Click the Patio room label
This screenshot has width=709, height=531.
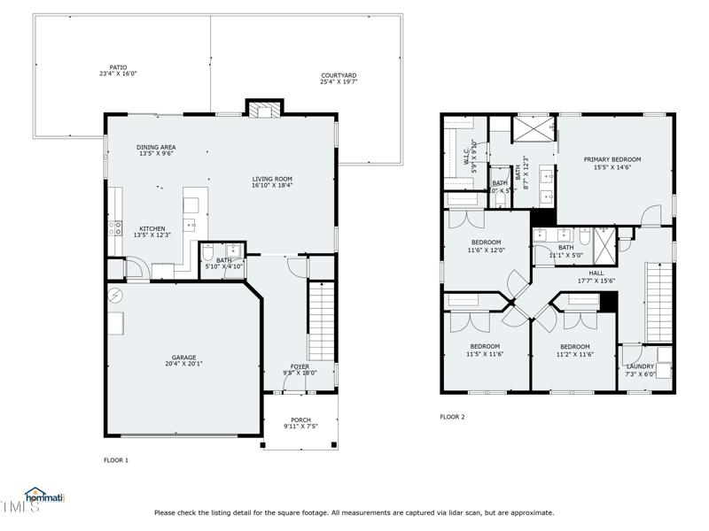point(118,67)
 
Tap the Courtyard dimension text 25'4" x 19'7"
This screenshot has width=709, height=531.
point(338,81)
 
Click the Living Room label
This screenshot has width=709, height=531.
point(272,179)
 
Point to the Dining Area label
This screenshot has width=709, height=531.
point(155,147)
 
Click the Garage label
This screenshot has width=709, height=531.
point(184,358)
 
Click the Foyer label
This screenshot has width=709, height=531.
point(300,366)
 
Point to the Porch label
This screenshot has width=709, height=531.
point(300,420)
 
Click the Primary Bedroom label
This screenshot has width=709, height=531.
point(612,159)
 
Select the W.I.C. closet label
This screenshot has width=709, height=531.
point(467,157)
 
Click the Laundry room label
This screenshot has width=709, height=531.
point(640,366)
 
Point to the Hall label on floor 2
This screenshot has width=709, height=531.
point(596,273)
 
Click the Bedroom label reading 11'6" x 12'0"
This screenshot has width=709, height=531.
point(486,242)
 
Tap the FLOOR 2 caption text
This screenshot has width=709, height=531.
point(452,416)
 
